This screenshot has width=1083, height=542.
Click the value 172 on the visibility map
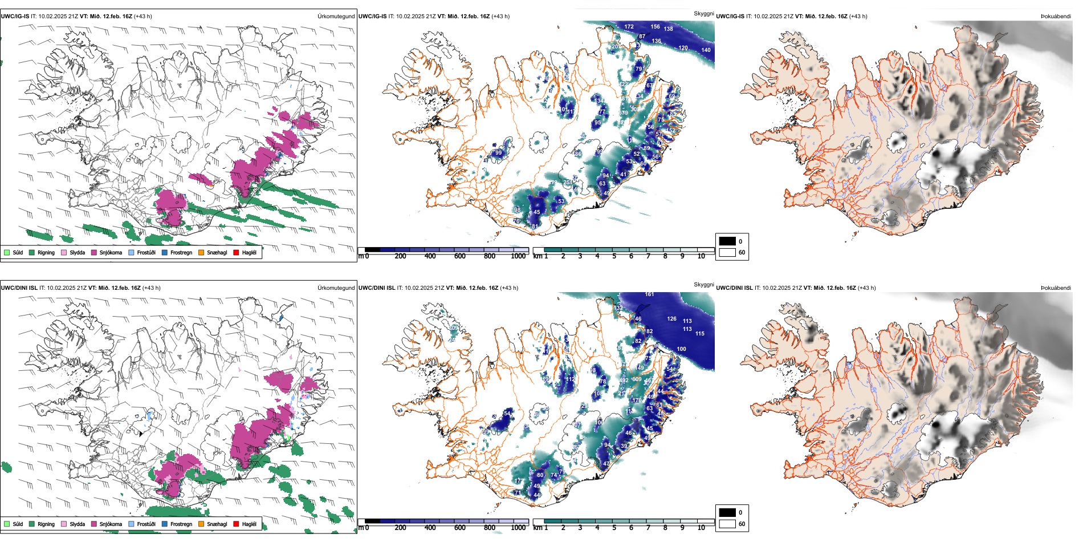coord(629,27)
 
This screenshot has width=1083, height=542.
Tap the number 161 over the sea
coord(649,294)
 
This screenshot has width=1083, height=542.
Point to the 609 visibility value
coord(637,379)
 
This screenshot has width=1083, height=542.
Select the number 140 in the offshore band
coord(706,50)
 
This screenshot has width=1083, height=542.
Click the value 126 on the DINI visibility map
coord(672,319)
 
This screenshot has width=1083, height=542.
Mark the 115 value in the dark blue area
coord(700,334)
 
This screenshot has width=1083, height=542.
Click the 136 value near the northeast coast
coord(657,41)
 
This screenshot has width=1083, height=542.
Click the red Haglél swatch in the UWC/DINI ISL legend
coord(236,524)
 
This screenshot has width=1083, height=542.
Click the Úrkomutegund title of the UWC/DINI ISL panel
coord(336,288)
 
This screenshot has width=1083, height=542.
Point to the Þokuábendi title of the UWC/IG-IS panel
coord(1056,17)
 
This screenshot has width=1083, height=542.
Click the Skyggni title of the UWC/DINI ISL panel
coord(703,285)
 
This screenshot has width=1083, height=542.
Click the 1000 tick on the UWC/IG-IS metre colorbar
coord(518,256)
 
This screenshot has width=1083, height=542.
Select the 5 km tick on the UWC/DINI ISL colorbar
coord(614,528)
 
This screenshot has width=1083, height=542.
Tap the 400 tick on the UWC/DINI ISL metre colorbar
coord(430,528)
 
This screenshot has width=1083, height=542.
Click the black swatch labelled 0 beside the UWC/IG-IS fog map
coord(727,241)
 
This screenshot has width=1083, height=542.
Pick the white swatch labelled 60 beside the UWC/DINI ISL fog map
coord(727,524)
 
